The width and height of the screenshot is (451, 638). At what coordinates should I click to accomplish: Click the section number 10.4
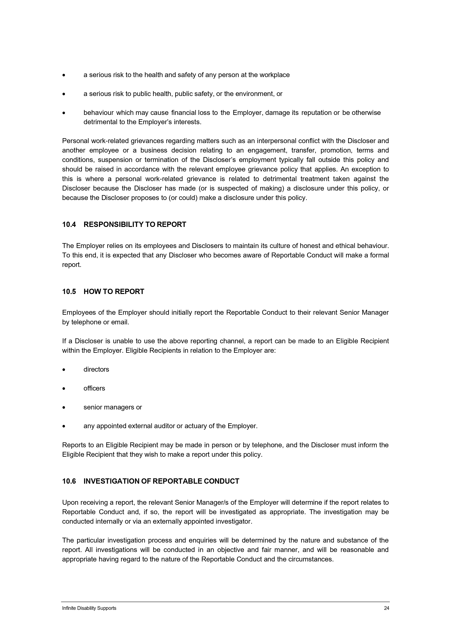[69, 225]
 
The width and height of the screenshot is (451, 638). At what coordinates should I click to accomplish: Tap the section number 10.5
[69, 291]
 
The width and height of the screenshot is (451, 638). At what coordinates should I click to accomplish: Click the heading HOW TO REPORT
[114, 291]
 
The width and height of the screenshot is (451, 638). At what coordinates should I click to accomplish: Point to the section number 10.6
[69, 481]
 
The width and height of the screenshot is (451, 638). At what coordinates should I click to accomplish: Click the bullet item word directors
[96, 369]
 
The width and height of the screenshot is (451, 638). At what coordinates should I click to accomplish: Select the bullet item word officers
[94, 388]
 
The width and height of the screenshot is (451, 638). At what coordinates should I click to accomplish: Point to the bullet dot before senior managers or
[64, 408]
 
